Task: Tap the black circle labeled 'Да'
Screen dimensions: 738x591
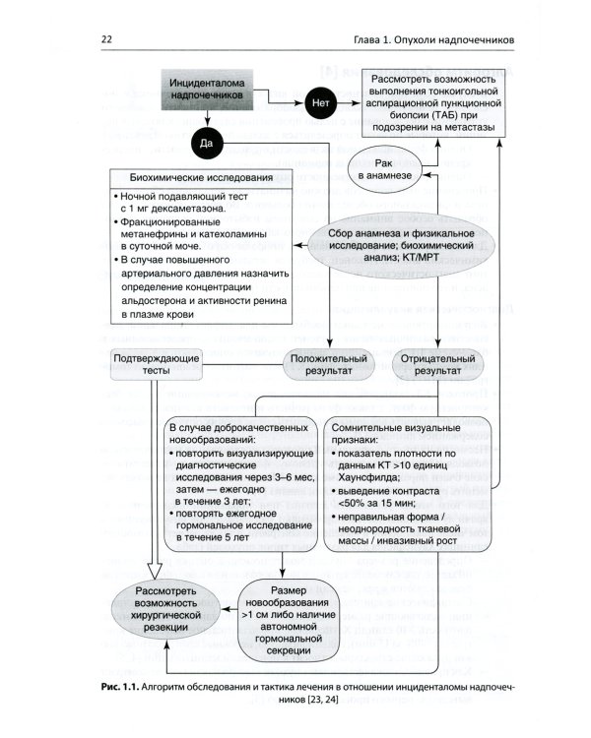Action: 206,143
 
